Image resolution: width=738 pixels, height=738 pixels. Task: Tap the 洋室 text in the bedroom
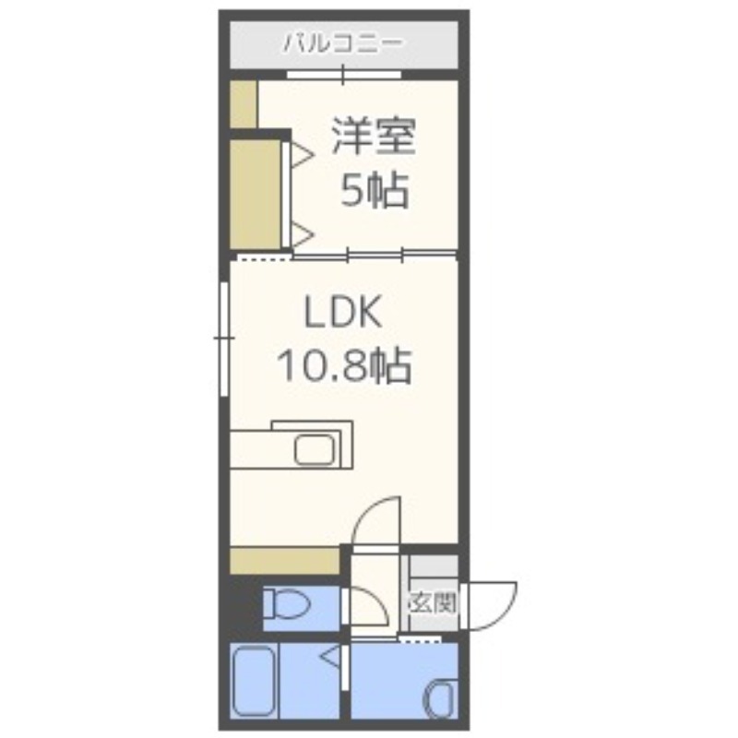(375, 137)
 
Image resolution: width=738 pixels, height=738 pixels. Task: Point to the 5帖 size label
(375, 191)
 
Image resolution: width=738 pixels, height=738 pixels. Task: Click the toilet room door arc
(369, 609)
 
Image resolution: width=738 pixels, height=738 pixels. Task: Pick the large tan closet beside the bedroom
(255, 193)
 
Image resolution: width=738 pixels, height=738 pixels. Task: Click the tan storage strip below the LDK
(283, 559)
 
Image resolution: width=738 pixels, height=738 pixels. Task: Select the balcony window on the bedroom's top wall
(343, 75)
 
